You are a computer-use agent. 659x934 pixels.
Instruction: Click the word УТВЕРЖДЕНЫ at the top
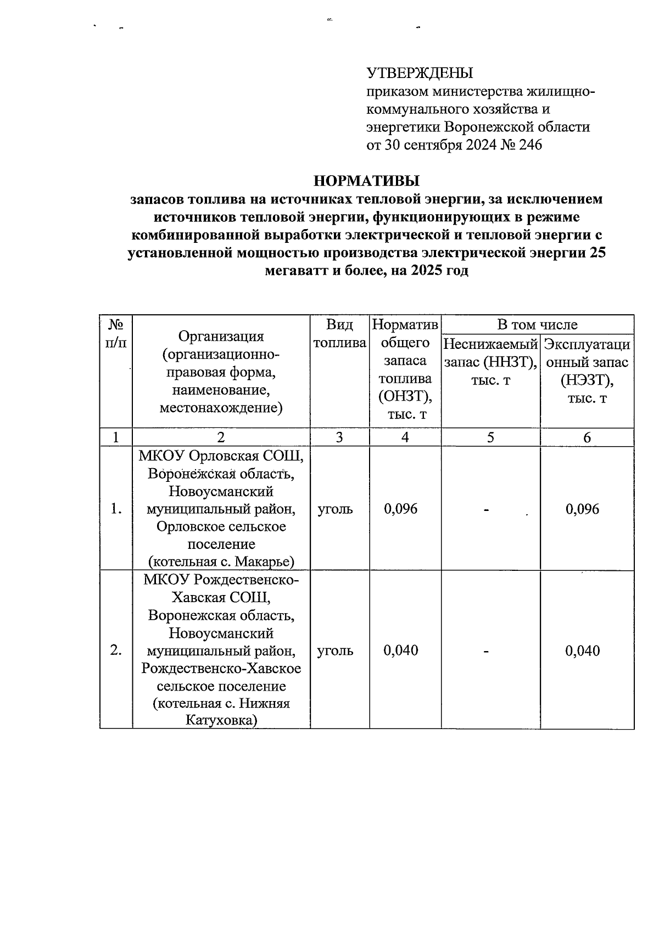420,73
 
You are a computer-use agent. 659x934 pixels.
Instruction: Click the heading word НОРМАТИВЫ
366,181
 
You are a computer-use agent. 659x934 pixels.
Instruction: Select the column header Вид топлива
339,333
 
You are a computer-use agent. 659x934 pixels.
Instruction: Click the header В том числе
537,325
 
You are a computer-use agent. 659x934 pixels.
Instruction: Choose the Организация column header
221,372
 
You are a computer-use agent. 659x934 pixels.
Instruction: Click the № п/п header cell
115,333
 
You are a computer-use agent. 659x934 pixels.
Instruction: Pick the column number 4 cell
405,437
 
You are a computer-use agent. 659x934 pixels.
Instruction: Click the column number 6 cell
587,437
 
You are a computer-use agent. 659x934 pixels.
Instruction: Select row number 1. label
115,509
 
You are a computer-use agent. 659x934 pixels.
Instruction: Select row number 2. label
115,651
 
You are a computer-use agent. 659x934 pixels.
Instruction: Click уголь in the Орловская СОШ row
335,509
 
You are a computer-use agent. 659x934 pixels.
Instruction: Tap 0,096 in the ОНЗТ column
401,509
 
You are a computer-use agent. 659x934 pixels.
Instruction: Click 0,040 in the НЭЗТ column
583,651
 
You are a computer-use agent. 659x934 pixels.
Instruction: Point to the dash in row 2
487,651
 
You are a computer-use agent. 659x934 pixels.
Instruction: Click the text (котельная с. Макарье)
221,561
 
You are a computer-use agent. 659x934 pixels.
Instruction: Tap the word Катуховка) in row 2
221,720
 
